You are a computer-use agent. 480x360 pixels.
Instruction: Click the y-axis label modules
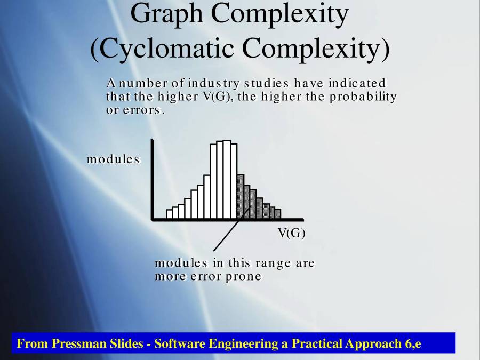coord(113,159)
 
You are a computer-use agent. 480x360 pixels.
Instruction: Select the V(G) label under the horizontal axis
coord(291,233)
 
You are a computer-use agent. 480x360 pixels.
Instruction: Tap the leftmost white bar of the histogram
coord(170,214)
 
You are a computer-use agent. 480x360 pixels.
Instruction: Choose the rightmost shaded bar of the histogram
coord(278,213)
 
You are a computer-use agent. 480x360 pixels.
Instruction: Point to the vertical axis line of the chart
coord(153,179)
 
